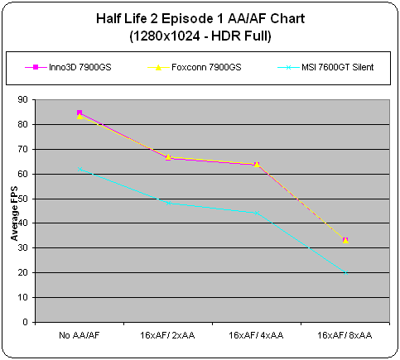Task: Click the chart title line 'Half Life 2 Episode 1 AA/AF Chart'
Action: pos(200,19)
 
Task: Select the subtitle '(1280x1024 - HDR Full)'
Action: pos(200,36)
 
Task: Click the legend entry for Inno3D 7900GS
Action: pos(68,67)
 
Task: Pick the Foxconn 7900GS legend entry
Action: pos(195,67)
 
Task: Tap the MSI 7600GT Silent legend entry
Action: pos(325,67)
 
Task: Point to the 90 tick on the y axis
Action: pos(23,99)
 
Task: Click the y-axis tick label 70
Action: pos(23,149)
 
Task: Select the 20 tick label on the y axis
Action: pos(23,272)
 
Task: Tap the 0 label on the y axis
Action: pos(26,322)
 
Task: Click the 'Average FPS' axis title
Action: pos(14,214)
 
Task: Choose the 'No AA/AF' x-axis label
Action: pos(80,335)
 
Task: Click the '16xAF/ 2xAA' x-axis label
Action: pos(167,335)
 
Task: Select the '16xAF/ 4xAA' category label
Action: pos(256,335)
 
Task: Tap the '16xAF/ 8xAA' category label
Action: pos(345,335)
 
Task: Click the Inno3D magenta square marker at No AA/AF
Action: pos(80,113)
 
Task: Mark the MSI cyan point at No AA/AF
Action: pos(80,169)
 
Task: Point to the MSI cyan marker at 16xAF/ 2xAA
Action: pos(169,203)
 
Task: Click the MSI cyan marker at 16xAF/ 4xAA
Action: pos(257,213)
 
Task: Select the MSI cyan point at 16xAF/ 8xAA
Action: pos(345,272)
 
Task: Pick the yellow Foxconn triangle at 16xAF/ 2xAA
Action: pos(168,156)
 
